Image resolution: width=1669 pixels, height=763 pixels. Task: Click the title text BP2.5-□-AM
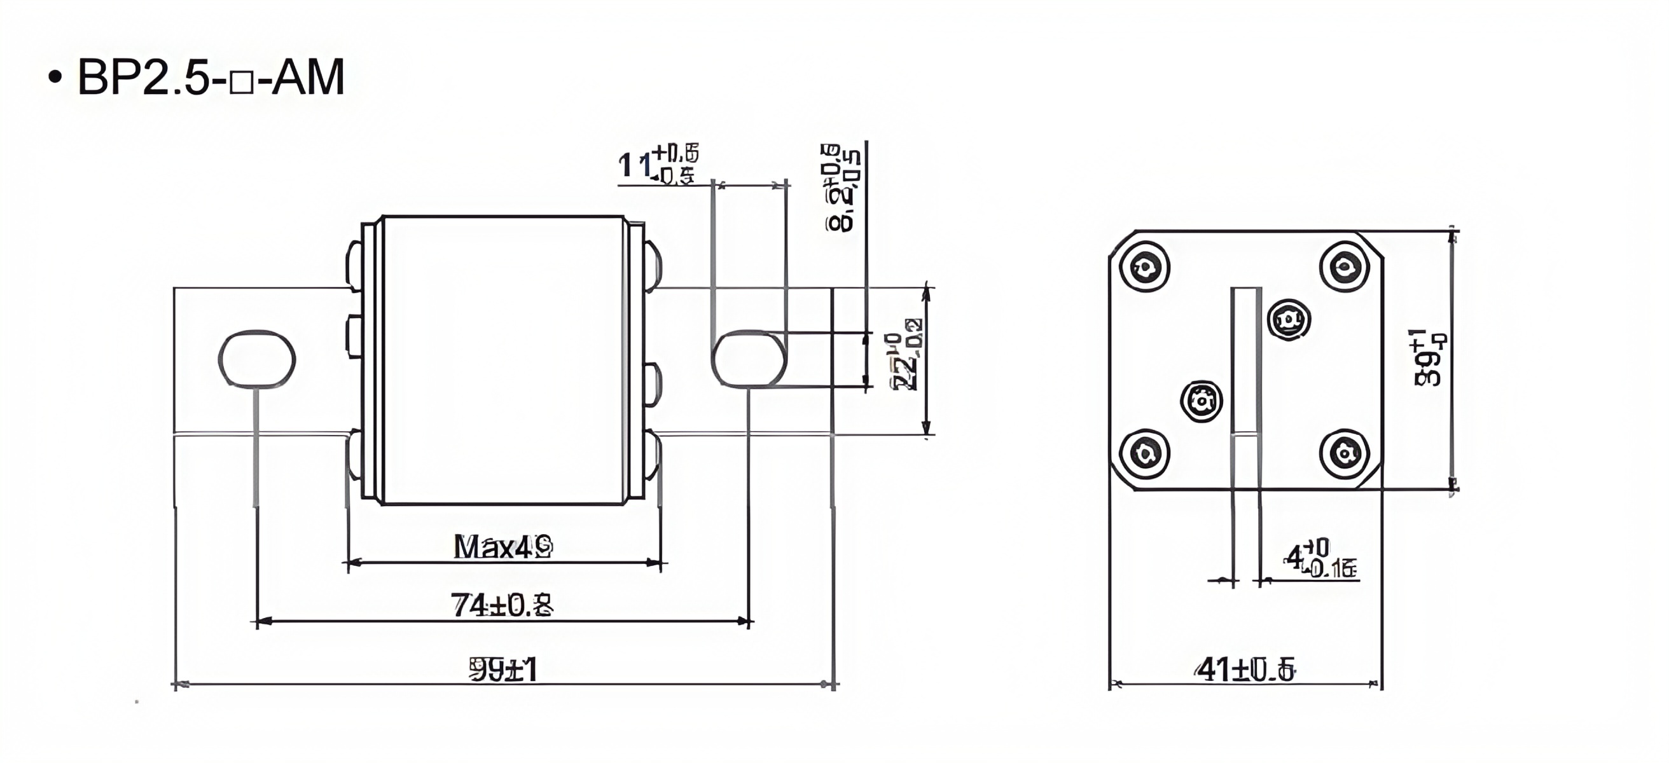[x=211, y=78]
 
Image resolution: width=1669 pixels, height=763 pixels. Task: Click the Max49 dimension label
[x=502, y=547]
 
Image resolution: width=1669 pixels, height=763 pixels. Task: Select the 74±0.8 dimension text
[x=502, y=606]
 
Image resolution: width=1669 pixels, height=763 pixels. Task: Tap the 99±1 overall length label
[x=503, y=670]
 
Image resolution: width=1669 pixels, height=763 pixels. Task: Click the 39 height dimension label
[x=1429, y=359]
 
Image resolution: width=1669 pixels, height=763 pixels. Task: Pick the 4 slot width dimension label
[x=1319, y=560]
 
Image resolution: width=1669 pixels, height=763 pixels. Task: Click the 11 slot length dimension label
[x=658, y=165]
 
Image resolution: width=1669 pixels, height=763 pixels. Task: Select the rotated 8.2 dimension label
[x=842, y=188]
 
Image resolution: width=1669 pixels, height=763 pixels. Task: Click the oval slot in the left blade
[x=256, y=359]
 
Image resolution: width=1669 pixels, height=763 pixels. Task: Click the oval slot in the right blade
[x=749, y=359]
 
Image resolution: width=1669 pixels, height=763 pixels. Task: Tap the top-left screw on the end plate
[x=1145, y=267]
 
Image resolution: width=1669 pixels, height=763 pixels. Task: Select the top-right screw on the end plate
[x=1345, y=266]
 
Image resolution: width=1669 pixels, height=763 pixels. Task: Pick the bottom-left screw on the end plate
[x=1145, y=453]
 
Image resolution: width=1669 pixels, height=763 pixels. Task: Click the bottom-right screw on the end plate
[x=1345, y=453]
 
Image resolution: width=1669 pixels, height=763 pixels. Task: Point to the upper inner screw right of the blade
[x=1288, y=320]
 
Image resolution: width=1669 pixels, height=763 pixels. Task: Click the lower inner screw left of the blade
[x=1202, y=401]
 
